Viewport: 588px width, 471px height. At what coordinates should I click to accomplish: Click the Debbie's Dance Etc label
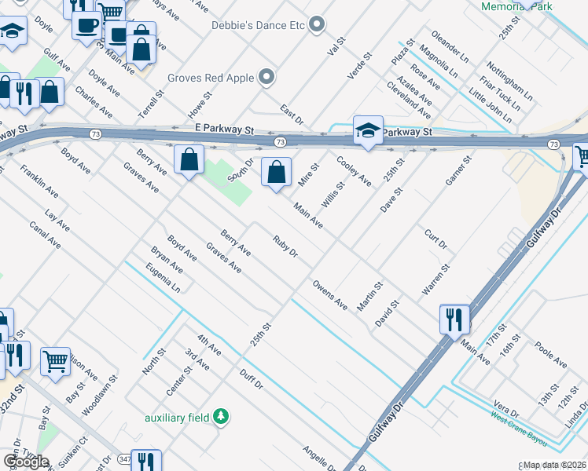pos(258,25)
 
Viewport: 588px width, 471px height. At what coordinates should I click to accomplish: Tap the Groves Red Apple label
pos(211,78)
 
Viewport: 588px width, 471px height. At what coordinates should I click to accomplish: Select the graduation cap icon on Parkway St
pos(368,130)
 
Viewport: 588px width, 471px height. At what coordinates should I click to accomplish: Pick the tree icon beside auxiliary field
pos(222,417)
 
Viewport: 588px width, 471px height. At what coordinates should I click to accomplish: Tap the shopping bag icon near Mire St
pos(276,173)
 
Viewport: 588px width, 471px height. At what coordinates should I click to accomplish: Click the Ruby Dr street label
pos(285,246)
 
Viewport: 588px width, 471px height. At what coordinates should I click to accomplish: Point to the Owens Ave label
pos(329,293)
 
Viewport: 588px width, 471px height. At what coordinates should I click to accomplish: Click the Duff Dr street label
pos(252,378)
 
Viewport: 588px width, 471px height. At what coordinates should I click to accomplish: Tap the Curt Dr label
pos(435,241)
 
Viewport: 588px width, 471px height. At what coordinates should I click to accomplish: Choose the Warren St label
pos(435,280)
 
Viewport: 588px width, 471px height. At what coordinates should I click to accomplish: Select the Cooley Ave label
pos(354,170)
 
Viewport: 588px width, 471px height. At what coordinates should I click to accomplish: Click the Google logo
pos(26,462)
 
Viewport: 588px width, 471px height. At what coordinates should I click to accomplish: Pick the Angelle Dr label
pos(320,458)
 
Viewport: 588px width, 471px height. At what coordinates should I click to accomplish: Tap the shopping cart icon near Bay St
pos(55,362)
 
